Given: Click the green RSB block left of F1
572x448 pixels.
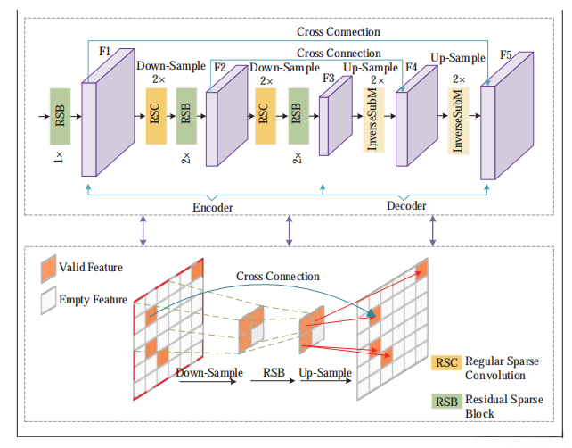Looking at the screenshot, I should [x=61, y=116].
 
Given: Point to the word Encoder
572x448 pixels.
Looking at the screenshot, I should [x=213, y=207].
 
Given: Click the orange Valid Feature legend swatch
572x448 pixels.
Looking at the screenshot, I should [x=48, y=267].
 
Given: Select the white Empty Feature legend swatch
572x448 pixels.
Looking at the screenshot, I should [x=48, y=299].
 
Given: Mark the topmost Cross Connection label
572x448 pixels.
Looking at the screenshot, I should [x=338, y=31].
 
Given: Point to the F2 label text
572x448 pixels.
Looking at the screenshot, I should [x=220, y=66].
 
